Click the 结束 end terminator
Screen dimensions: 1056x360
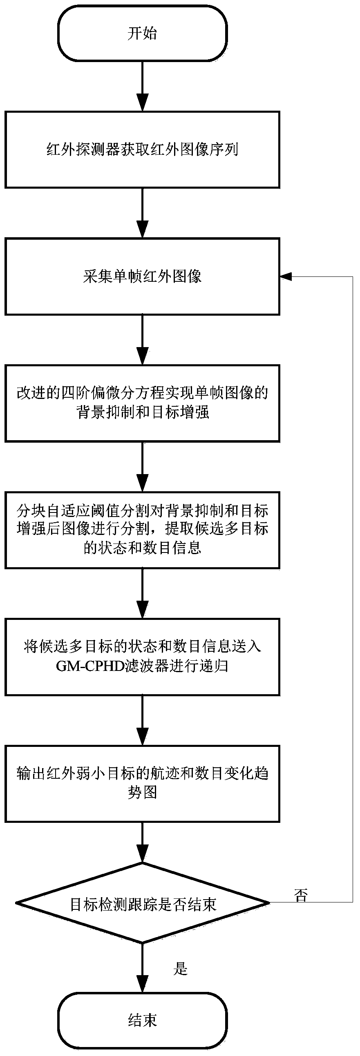(x=142, y=1020)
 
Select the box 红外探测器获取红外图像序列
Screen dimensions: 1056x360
(x=142, y=149)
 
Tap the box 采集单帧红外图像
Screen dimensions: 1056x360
(x=142, y=277)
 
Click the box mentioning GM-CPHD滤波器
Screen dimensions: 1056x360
(x=142, y=657)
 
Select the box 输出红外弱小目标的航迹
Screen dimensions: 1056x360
(x=142, y=783)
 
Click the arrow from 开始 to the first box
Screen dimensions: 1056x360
(x=142, y=86)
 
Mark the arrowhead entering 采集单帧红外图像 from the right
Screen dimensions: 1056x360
(x=285, y=277)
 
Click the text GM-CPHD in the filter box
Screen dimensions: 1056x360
(x=90, y=666)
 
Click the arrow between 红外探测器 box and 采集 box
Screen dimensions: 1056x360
(x=142, y=213)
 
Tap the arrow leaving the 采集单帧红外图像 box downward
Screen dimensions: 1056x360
(x=142, y=340)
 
